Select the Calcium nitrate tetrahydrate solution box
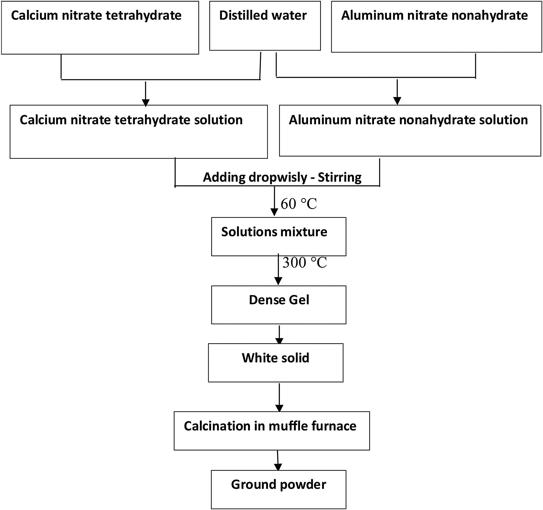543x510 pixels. pyautogui.click(x=139, y=132)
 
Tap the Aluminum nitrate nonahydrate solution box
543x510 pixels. pyautogui.click(x=410, y=130)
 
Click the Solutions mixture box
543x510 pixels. pyautogui.click(x=278, y=237)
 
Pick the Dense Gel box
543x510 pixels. pyautogui.click(x=278, y=305)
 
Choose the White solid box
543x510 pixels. pyautogui.click(x=275, y=363)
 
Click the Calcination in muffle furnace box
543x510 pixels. pyautogui.click(x=271, y=431)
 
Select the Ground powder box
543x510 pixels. pyautogui.click(x=278, y=489)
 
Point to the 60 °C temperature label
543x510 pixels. pyautogui.click(x=299, y=204)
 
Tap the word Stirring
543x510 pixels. pyautogui.click(x=339, y=177)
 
